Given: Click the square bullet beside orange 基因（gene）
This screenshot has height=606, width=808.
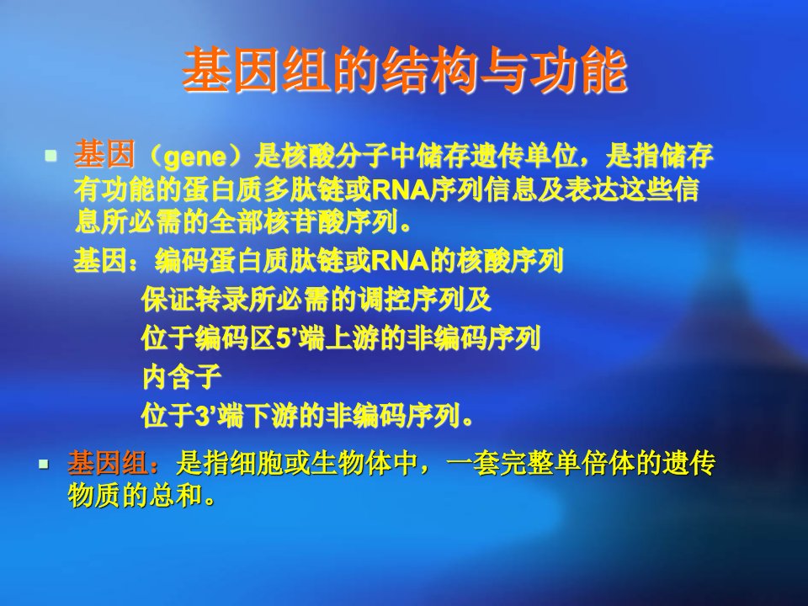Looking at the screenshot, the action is (x=50, y=155).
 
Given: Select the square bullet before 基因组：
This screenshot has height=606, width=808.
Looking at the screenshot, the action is (x=44, y=465).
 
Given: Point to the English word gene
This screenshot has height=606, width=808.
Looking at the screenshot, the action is (x=194, y=157).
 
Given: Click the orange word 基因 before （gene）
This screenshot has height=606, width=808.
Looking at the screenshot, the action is (x=104, y=154).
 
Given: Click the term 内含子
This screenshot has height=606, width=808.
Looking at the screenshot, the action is (x=182, y=377).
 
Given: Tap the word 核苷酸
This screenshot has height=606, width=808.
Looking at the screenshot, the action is (x=302, y=222).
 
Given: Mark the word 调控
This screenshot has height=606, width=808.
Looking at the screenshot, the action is (x=384, y=300).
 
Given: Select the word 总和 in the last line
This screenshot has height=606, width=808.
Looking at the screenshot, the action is (x=175, y=495).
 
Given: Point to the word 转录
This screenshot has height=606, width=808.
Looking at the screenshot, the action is (x=222, y=300).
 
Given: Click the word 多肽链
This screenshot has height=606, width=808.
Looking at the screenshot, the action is (x=303, y=189).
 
